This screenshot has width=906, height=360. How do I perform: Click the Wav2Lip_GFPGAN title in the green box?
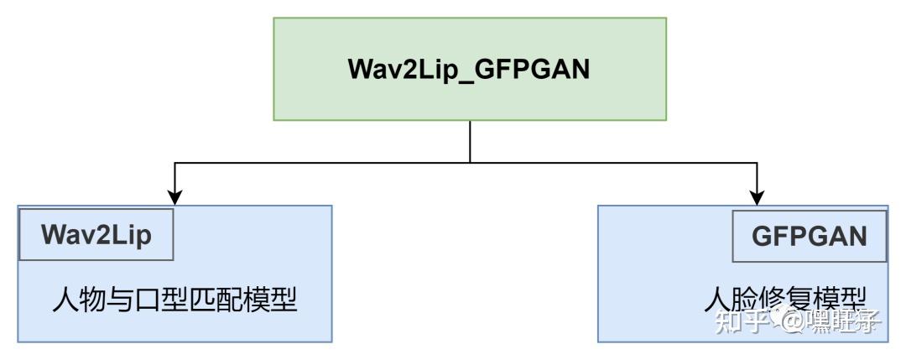click(x=470, y=70)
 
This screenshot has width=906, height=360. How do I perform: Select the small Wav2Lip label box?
click(x=96, y=236)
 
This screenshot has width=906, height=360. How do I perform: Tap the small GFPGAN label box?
click(x=810, y=236)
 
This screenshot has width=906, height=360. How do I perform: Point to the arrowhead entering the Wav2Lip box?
click(x=174, y=197)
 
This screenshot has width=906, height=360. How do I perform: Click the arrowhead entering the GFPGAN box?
click(x=758, y=197)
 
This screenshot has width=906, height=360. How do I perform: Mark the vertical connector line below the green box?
click(x=470, y=141)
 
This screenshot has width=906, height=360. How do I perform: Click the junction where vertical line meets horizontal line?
click(x=470, y=161)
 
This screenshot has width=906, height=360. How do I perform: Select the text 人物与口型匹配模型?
click(x=174, y=300)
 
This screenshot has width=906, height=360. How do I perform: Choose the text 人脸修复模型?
click(x=784, y=300)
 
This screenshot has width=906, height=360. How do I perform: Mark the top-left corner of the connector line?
click(x=174, y=161)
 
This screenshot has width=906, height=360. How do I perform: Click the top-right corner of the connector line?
click(x=758, y=161)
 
